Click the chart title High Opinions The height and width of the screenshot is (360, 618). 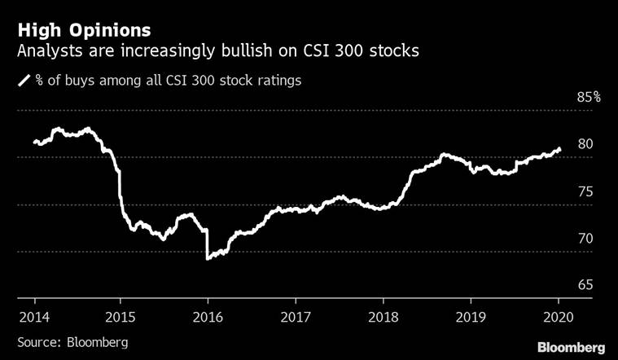(83, 30)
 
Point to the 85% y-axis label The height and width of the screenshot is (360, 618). (587, 97)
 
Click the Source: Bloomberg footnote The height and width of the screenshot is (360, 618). (72, 342)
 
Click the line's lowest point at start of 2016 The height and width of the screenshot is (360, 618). (208, 258)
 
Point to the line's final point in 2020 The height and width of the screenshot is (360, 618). (559, 149)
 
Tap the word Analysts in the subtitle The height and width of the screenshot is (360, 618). (48, 52)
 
